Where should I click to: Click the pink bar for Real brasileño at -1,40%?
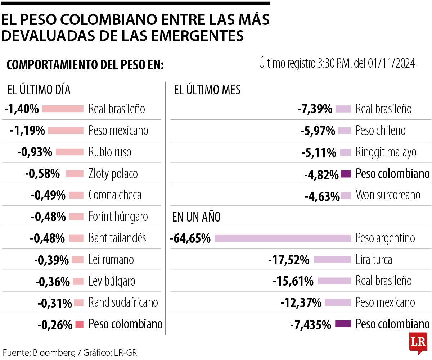(x=63, y=109)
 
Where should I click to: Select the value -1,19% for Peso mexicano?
(x=28, y=130)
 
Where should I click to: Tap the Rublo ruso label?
(x=110, y=152)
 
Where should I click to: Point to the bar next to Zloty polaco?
(x=75, y=174)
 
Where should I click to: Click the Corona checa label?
(x=115, y=195)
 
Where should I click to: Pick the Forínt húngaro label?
(x=118, y=217)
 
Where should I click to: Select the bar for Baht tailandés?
(x=76, y=238)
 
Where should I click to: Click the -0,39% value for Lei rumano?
(x=51, y=260)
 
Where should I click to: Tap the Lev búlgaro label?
(x=112, y=281)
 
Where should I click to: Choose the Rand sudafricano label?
(x=123, y=303)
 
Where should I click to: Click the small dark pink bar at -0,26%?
(x=80, y=324)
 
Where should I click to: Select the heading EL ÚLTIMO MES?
(x=207, y=90)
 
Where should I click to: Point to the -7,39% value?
(x=315, y=109)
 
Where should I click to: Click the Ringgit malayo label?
(x=386, y=152)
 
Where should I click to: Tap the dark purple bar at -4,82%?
(x=346, y=174)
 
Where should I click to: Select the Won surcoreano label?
(x=388, y=195)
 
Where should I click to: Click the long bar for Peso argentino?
(x=283, y=238)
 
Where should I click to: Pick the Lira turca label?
(x=374, y=260)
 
